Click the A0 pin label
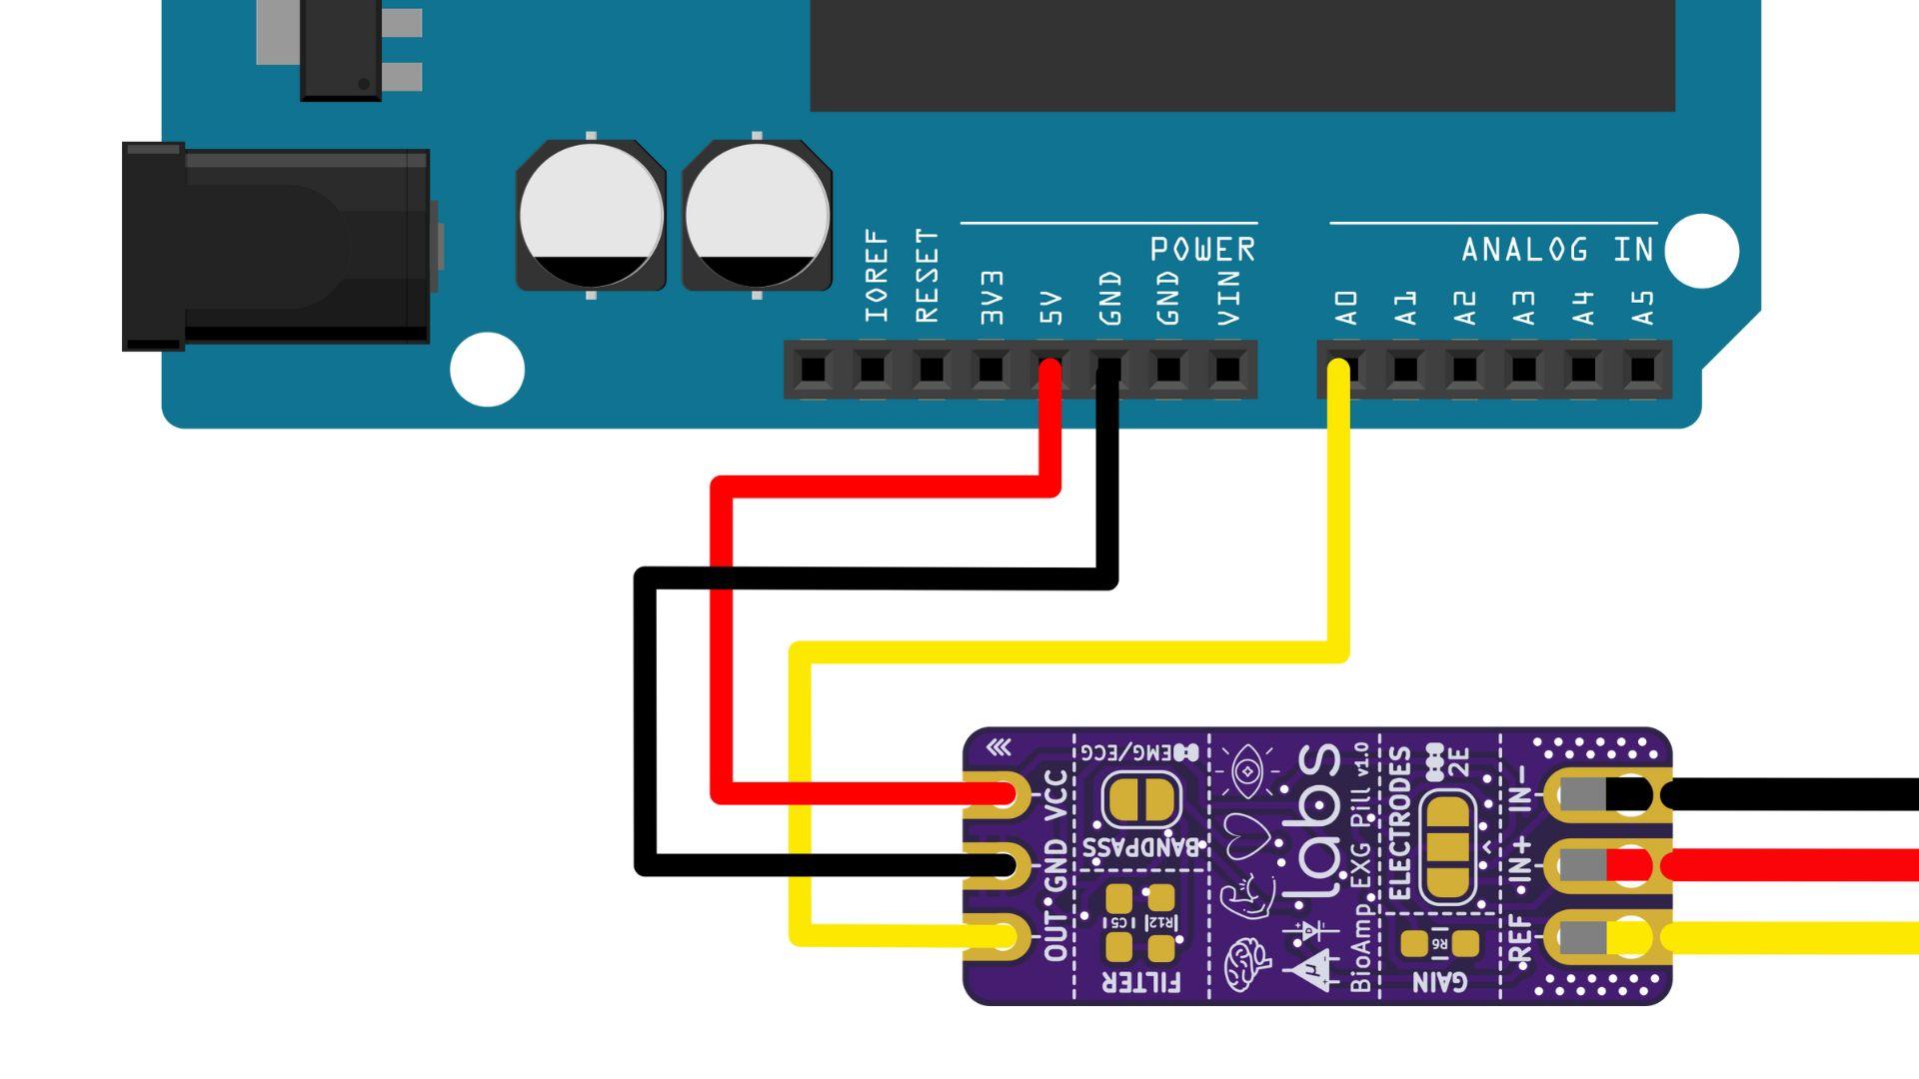(1347, 308)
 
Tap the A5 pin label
(1642, 308)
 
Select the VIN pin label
(1228, 298)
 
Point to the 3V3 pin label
(990, 298)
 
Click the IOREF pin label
(877, 276)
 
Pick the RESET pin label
(928, 276)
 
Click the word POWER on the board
(1202, 249)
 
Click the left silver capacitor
(591, 216)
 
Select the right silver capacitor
(757, 216)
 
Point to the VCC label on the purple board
(1055, 796)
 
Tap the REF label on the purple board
(1519, 940)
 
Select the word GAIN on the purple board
(1439, 982)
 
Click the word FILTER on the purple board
(1140, 982)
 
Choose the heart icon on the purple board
(1246, 834)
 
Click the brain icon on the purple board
(1247, 964)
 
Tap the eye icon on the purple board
(1246, 771)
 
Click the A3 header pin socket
(1524, 370)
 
